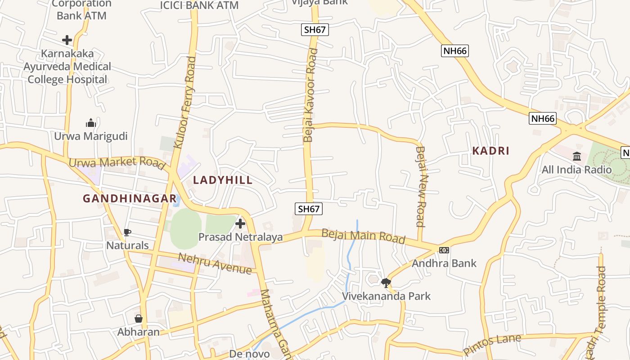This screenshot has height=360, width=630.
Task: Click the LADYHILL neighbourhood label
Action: [223, 180]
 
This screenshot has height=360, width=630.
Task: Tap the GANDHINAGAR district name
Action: [130, 198]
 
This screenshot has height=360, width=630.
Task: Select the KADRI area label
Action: [490, 151]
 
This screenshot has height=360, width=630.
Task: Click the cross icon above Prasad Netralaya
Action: [240, 223]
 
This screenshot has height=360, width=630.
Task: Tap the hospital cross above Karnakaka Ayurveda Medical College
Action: [67, 40]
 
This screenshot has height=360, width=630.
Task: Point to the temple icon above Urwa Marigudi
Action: [91, 123]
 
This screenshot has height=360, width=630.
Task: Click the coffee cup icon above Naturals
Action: [127, 232]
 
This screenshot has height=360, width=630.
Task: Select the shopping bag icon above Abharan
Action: [139, 319]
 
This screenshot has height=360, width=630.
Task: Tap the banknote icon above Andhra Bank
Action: [444, 250]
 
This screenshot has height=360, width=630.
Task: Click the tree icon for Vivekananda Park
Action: [386, 283]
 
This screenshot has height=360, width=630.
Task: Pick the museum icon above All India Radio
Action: [576, 156]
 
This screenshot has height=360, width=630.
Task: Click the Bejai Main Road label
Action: [363, 236]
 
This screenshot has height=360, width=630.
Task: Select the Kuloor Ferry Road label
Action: [185, 102]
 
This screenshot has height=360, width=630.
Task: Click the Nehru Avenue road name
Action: [215, 263]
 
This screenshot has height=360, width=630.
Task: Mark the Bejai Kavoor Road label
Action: [310, 95]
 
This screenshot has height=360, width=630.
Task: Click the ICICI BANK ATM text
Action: [199, 5]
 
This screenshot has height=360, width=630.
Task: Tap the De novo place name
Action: [249, 354]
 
